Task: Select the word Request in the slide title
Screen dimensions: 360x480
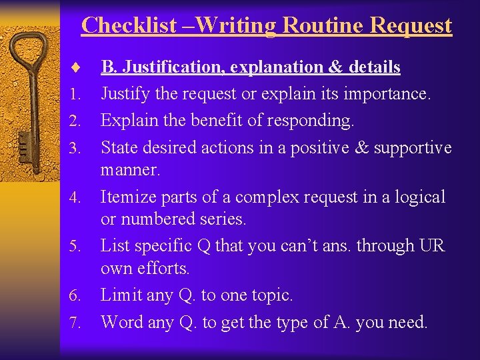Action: [411, 25]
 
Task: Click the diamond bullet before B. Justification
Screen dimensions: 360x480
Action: [75, 67]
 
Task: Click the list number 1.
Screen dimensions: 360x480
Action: [75, 94]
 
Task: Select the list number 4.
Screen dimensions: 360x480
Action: [75, 198]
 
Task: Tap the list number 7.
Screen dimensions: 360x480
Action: [75, 323]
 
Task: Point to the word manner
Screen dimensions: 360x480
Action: [130, 169]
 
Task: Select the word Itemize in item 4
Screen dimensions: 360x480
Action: [127, 197]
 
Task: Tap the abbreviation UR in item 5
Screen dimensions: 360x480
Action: [431, 245]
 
